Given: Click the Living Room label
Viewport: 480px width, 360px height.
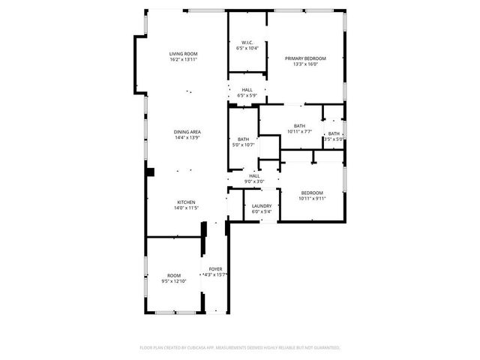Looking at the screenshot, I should [183, 54].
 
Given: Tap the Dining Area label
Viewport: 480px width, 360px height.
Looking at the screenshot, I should [187, 132].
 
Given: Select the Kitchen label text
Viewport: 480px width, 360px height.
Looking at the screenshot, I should [186, 202].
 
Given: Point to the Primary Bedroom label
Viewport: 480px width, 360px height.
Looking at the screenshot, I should [305, 58].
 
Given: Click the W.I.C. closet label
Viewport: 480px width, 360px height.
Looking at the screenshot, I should [247, 42].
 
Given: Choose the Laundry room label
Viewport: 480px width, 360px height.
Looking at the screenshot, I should [262, 205].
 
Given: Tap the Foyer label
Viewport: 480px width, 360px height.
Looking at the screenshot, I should [215, 268].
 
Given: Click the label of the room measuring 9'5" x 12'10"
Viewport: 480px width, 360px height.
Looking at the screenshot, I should [174, 275].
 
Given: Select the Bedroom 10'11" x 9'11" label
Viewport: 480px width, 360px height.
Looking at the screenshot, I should [311, 193].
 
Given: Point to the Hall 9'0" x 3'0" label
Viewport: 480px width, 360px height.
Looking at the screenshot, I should [254, 175].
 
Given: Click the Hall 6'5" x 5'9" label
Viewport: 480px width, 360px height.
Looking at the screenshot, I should [247, 90].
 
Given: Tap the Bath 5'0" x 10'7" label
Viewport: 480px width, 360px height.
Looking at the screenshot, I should [243, 139].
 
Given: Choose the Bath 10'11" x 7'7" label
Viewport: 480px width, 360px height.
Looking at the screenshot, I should [299, 126].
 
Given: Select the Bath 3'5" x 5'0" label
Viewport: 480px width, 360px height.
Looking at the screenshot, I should [334, 133].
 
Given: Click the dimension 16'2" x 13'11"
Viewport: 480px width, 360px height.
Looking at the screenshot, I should [183, 61].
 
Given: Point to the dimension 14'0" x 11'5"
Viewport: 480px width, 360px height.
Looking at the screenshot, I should [186, 208].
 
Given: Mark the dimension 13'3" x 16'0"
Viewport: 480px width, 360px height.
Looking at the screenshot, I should [305, 64].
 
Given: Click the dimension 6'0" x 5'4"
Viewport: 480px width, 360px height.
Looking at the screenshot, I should [262, 211].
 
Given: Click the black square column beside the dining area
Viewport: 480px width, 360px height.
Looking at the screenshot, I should [150, 172].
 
